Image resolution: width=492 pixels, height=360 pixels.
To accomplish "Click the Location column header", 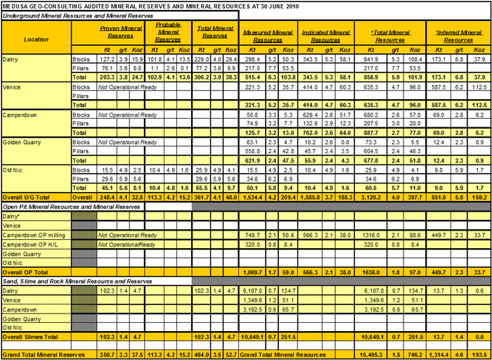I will coord(36,39).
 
